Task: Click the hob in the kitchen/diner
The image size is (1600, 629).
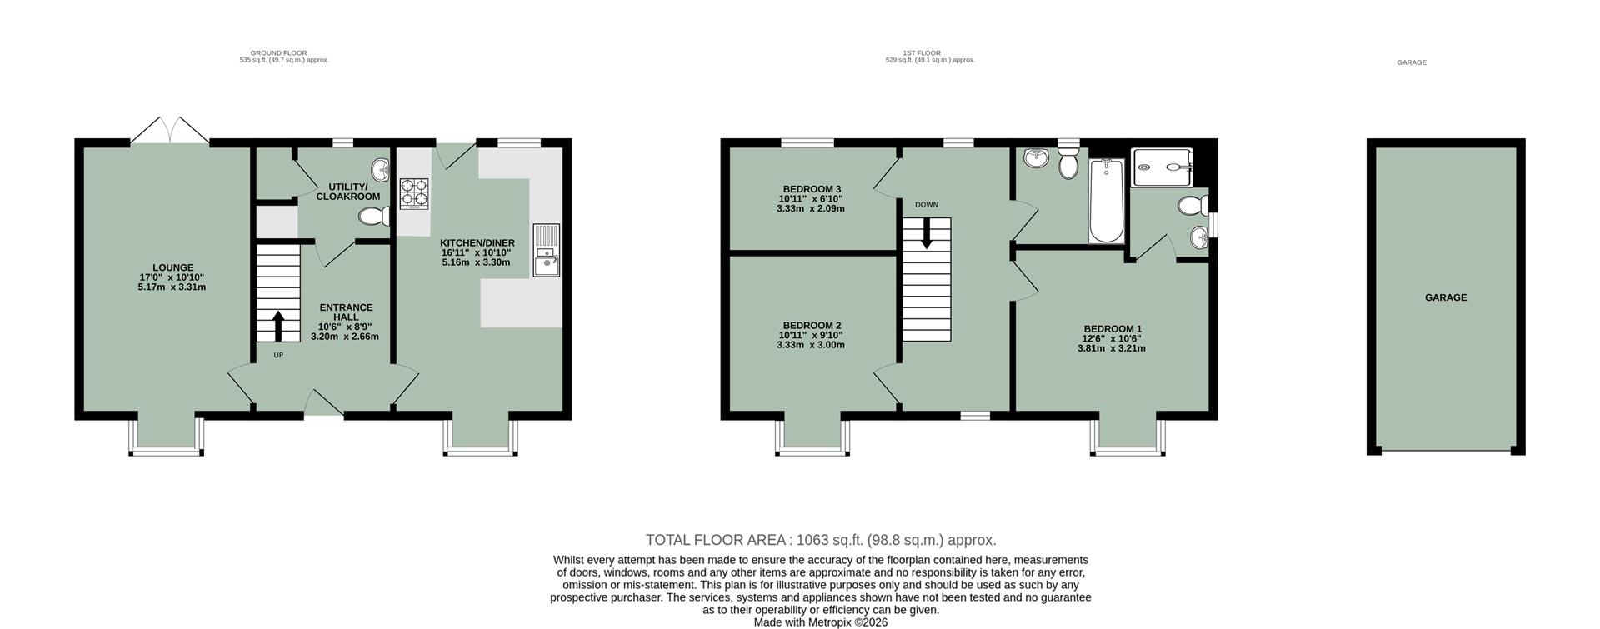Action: tap(415, 193)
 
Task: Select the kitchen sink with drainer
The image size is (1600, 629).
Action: tap(547, 250)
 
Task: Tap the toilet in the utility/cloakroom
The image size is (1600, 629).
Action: tap(375, 217)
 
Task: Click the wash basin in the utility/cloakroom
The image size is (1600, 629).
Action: tap(382, 169)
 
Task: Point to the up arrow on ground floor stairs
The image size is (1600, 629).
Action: tap(277, 326)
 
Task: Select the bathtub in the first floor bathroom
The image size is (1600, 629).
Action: tap(1107, 201)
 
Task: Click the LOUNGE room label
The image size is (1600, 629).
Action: tap(172, 268)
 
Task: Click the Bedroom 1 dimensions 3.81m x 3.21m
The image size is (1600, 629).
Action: tap(1111, 349)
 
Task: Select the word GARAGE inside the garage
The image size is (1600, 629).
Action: tap(1445, 297)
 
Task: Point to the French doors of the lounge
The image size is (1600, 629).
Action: tap(170, 132)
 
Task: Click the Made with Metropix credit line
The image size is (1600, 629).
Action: tap(820, 622)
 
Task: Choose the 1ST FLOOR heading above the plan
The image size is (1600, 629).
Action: tap(921, 52)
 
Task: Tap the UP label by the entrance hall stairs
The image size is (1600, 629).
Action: tap(278, 355)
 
